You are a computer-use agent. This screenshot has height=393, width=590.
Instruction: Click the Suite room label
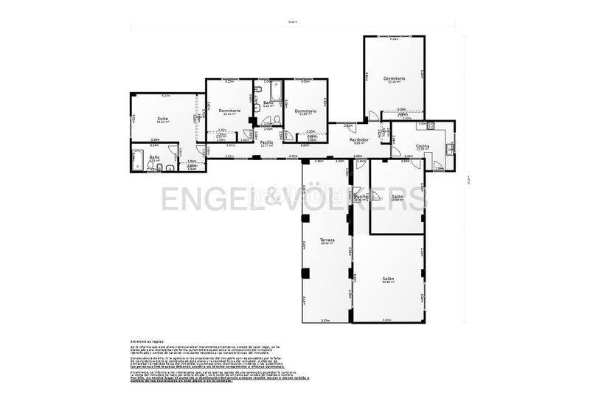(x=162, y=118)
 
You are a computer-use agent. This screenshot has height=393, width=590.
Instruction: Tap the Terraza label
(x=327, y=240)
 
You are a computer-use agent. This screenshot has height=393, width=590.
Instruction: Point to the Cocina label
(x=423, y=147)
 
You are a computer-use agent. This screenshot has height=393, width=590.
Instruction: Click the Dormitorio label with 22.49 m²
(x=394, y=78)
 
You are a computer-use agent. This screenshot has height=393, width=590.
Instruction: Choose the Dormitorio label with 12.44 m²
(x=229, y=111)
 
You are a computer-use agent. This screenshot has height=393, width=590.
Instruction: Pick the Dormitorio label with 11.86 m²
(x=306, y=111)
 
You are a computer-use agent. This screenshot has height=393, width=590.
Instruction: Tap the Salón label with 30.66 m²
(x=388, y=278)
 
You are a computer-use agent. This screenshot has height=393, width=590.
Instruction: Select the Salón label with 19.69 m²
(x=398, y=196)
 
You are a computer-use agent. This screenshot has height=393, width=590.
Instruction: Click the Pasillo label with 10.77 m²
(x=267, y=142)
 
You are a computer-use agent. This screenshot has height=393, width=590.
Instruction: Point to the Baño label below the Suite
(x=155, y=157)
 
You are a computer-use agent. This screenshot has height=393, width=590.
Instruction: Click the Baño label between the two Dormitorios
(x=268, y=102)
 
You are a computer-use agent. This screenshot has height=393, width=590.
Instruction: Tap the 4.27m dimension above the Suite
(x=166, y=95)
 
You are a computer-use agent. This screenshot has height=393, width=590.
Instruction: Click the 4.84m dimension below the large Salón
(x=387, y=319)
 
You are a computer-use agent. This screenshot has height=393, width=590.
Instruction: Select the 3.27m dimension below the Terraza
(x=325, y=320)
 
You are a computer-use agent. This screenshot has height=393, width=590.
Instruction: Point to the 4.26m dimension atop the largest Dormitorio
(x=394, y=39)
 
